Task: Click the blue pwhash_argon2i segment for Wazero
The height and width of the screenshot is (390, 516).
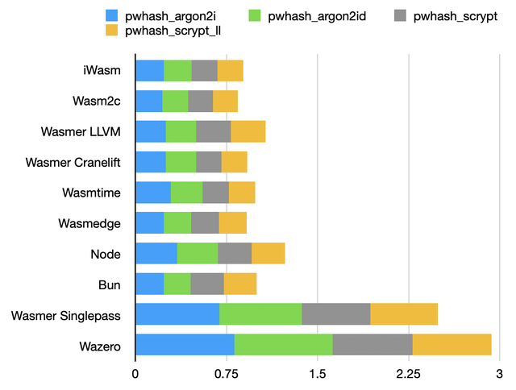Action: pyautogui.click(x=185, y=344)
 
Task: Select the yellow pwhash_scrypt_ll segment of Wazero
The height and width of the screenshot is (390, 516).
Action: pyautogui.click(x=451, y=344)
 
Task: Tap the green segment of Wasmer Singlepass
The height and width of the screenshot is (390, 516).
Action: pyautogui.click(x=260, y=314)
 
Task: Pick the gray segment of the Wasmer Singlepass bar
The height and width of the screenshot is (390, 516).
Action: pyautogui.click(x=335, y=314)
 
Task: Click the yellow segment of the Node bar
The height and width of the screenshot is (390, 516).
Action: pyautogui.click(x=268, y=254)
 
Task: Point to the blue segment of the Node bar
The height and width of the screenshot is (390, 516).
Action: pyautogui.click(x=156, y=254)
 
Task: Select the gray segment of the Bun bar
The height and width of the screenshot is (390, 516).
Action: pyautogui.click(x=207, y=284)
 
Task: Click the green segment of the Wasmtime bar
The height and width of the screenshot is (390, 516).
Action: pyautogui.click(x=186, y=193)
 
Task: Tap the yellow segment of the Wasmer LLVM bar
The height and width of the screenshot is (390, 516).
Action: pyautogui.click(x=248, y=131)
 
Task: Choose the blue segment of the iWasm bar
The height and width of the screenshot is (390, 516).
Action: pyautogui.click(x=149, y=71)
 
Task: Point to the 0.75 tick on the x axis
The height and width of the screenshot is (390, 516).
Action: pyautogui.click(x=227, y=375)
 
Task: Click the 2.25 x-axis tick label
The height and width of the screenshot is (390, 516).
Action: pyautogui.click(x=409, y=375)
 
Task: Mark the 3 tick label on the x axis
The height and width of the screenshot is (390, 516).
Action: pyautogui.click(x=500, y=375)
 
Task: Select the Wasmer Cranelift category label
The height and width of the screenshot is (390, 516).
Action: pyautogui.click(x=77, y=162)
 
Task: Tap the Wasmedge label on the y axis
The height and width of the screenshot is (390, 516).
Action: pyautogui.click(x=91, y=223)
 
